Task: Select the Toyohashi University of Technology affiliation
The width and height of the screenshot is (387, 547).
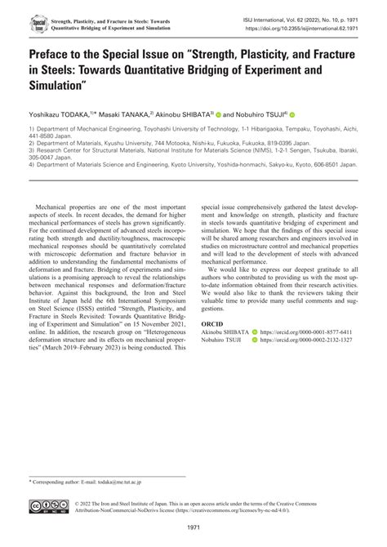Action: click(180, 129)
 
